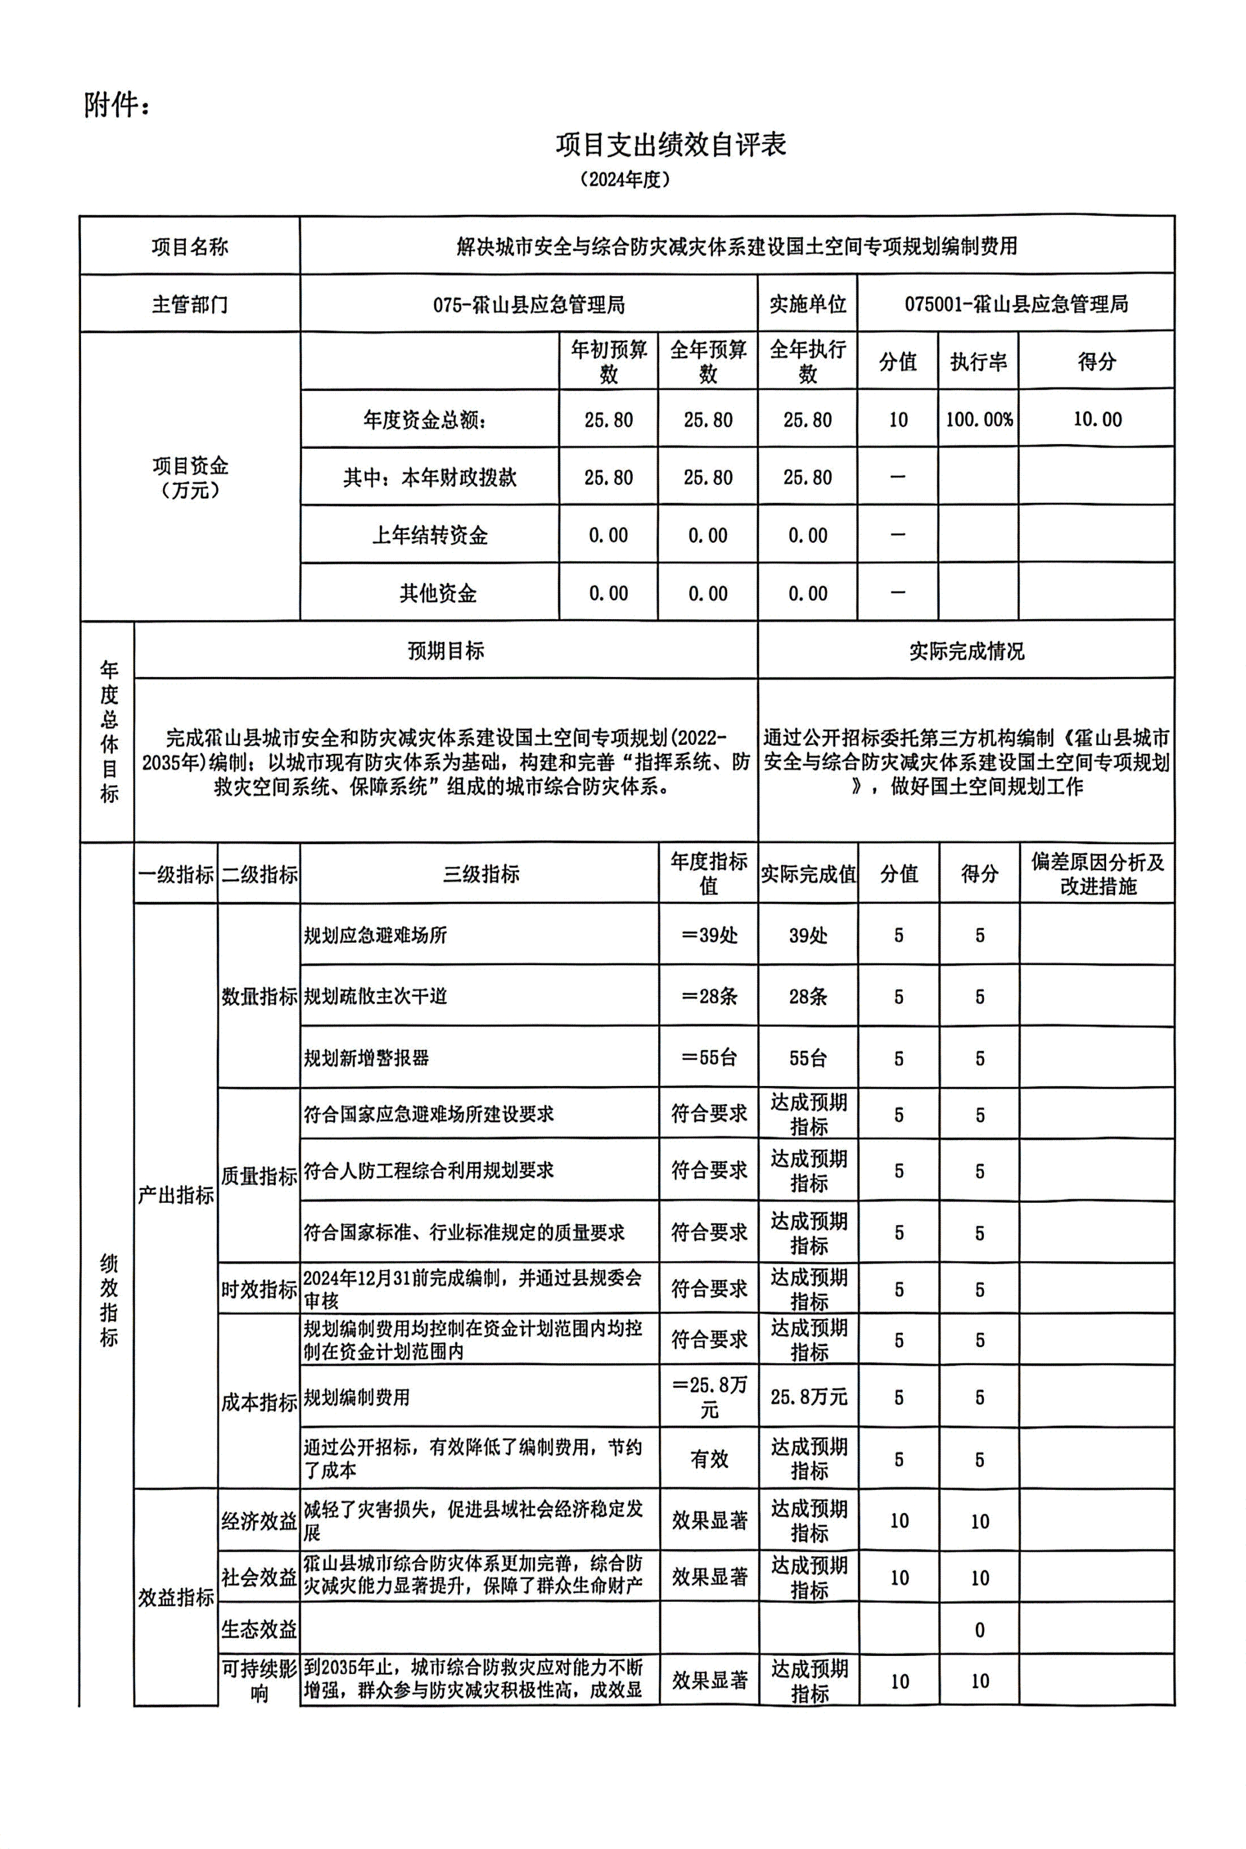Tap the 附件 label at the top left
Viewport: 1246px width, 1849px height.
[x=116, y=105]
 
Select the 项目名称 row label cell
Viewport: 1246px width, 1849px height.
[x=190, y=247]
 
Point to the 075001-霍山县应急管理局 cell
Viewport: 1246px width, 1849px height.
[x=1015, y=304]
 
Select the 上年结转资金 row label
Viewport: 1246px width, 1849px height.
[x=430, y=535]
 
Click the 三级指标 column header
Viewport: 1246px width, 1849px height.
[x=481, y=874]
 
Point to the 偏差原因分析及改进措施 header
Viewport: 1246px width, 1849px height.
[x=1098, y=874]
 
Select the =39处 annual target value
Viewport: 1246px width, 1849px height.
[x=709, y=935]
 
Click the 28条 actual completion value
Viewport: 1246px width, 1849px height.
[x=808, y=996]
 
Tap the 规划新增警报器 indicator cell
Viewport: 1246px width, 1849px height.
[x=366, y=1058]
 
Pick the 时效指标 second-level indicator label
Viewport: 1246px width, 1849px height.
[x=259, y=1289]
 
